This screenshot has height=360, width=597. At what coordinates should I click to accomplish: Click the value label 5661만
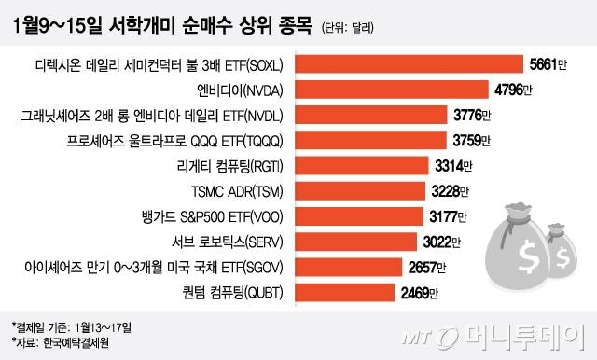tap(548, 64)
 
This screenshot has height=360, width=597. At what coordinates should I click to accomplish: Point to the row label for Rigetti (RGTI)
tap(227, 166)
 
